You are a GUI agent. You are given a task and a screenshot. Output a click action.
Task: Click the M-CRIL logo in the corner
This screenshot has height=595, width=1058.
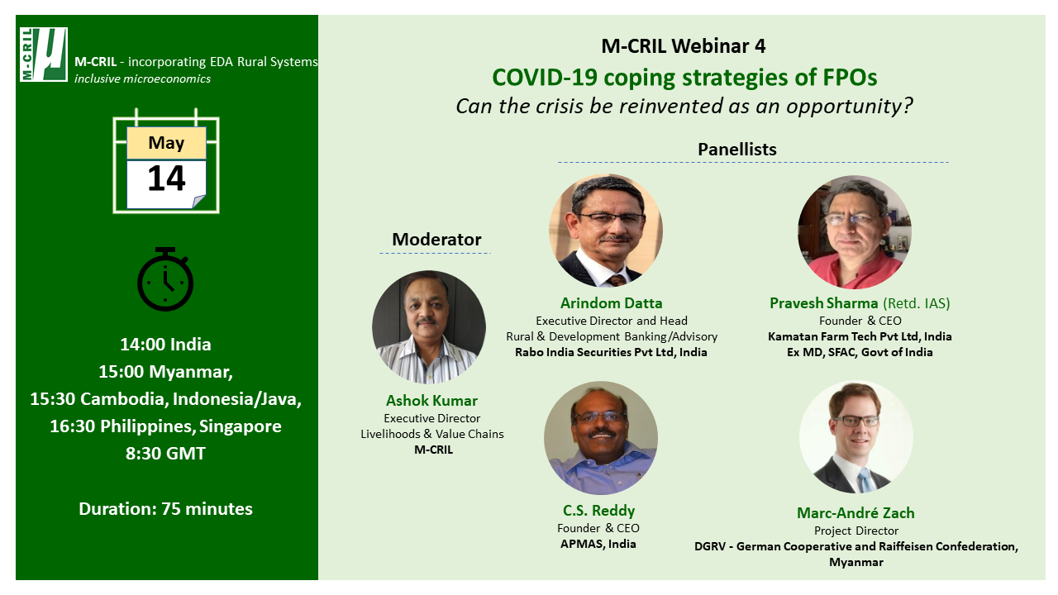(x=44, y=55)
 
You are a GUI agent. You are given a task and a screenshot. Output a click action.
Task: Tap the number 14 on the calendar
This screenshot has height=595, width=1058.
(x=166, y=178)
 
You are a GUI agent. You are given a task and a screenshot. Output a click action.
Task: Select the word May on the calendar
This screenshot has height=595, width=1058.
(x=166, y=143)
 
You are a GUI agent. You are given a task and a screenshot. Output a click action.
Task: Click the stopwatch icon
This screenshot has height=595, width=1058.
(x=165, y=278)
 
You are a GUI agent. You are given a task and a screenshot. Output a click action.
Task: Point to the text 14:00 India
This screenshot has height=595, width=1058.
(x=165, y=345)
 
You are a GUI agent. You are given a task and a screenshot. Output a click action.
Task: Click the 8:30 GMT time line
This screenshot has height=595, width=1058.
(x=165, y=454)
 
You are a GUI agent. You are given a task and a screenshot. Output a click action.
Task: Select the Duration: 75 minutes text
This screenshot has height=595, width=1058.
(x=165, y=508)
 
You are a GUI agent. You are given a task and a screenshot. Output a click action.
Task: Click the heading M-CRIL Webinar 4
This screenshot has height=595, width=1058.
(x=683, y=45)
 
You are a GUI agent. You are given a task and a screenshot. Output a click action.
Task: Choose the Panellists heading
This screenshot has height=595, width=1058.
(x=736, y=150)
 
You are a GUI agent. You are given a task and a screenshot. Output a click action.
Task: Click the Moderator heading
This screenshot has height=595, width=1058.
(x=436, y=240)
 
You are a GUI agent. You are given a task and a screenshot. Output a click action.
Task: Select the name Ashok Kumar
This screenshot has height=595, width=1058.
(x=431, y=401)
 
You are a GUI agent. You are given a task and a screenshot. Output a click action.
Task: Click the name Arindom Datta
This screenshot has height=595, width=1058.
(x=611, y=302)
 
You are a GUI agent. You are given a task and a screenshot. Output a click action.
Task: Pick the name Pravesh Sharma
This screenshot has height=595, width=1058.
(x=824, y=302)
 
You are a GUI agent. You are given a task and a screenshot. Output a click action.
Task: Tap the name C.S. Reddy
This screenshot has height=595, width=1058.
(x=598, y=511)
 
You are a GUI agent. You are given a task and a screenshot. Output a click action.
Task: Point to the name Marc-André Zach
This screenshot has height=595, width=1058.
(x=855, y=513)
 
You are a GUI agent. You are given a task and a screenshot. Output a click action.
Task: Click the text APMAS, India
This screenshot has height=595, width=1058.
(x=598, y=544)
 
